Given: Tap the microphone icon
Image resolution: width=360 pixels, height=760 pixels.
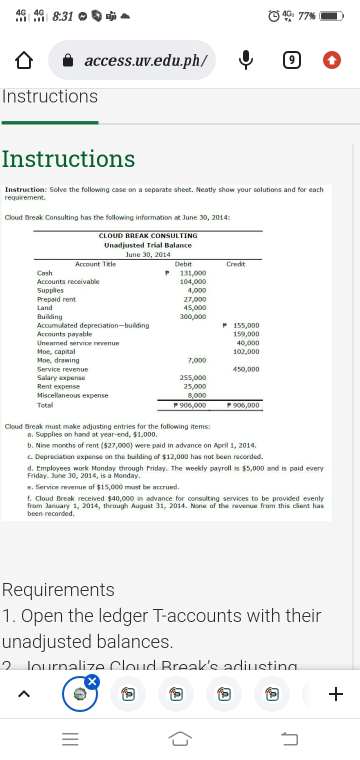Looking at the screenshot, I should (x=244, y=60).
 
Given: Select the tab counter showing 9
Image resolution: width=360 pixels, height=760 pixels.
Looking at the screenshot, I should (x=292, y=60).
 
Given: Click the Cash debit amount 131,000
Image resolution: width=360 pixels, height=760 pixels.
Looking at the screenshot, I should (x=192, y=273).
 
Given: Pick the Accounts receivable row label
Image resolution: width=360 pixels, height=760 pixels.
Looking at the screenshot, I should (x=68, y=281).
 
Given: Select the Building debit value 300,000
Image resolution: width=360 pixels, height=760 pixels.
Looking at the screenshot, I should (x=192, y=316).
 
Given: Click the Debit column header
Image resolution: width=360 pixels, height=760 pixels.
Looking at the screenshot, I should (x=183, y=264).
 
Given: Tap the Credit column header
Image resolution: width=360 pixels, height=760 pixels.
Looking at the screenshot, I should (x=235, y=264).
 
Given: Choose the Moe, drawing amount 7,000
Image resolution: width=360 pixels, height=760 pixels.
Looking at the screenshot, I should (x=196, y=360).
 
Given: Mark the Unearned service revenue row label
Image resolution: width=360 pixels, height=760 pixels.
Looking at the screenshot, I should (x=78, y=343).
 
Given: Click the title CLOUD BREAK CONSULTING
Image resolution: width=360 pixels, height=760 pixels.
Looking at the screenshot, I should (x=148, y=235).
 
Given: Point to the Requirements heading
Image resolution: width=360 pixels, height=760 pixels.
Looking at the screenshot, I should (x=58, y=590).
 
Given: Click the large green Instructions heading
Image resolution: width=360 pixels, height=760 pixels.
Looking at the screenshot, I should (x=68, y=159).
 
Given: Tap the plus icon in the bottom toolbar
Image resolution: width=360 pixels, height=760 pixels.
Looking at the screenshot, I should (x=336, y=694).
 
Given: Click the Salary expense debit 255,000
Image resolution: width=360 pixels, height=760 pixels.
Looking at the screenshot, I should (x=192, y=378).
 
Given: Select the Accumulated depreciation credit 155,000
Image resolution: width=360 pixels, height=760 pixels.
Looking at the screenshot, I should (x=246, y=325).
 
